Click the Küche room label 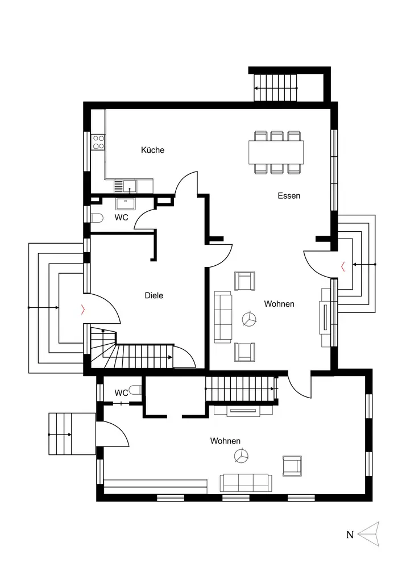click(x=152, y=150)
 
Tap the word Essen click(x=289, y=195)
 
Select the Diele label click(x=154, y=295)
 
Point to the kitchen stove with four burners click(x=99, y=141)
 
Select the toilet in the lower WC click(x=135, y=390)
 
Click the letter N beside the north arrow click(x=350, y=534)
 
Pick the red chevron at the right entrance click(x=343, y=265)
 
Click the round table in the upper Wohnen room click(x=248, y=320)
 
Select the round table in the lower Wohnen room click(x=242, y=456)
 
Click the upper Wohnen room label click(x=279, y=304)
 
